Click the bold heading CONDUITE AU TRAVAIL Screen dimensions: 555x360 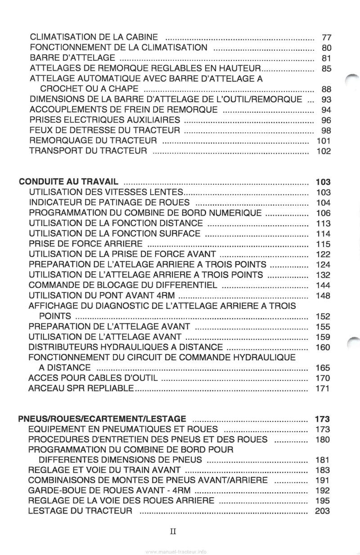(x=69, y=182)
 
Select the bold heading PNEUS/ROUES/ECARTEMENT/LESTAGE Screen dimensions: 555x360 (x=103, y=419)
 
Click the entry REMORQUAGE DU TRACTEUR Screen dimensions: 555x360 (x=93, y=141)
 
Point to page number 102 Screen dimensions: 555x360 (x=324, y=151)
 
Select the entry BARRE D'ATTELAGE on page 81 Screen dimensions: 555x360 (x=72, y=58)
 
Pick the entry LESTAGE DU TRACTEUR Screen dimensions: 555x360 (x=80, y=511)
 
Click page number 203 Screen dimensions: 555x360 (x=323, y=511)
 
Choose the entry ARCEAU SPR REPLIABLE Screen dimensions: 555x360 (x=81, y=388)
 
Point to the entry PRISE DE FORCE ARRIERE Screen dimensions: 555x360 (x=85, y=244)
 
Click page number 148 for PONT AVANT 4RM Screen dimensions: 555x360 (x=323, y=295)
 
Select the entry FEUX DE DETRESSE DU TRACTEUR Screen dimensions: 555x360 (x=104, y=130)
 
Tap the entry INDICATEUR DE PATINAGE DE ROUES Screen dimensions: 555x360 (x=109, y=202)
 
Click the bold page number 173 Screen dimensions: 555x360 (x=323, y=419)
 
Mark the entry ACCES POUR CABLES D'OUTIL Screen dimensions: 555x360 (x=92, y=378)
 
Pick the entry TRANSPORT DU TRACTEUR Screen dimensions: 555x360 (x=88, y=151)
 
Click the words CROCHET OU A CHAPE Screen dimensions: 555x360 (x=89, y=89)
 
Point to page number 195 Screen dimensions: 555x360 (x=323, y=501)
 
